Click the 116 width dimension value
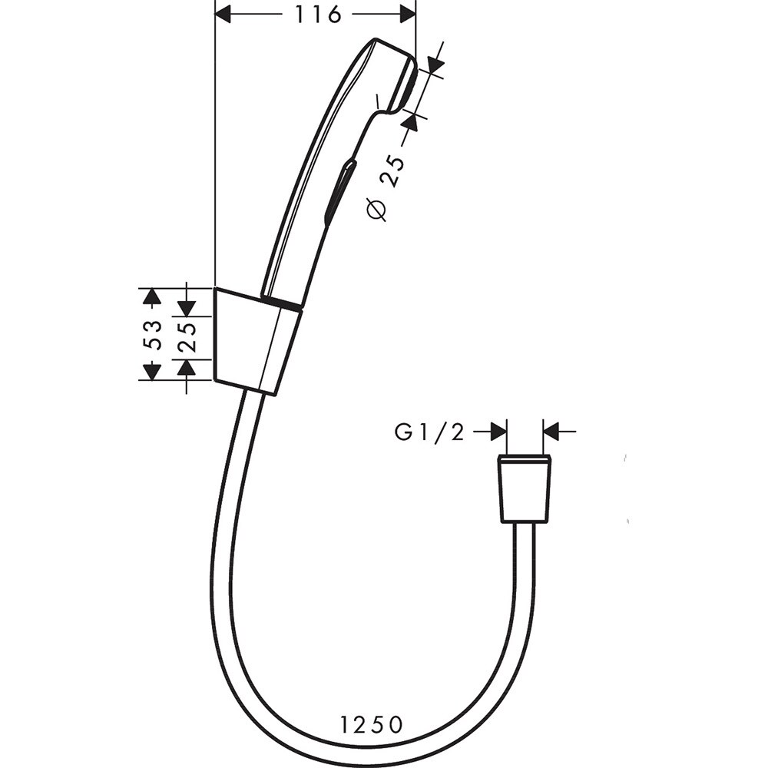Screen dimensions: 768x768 (317, 15)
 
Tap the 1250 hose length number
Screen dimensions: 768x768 (371, 723)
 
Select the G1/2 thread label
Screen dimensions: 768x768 (430, 433)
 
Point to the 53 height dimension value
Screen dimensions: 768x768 (154, 334)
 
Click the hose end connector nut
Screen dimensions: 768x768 (525, 489)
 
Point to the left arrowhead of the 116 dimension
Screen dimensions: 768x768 (223, 15)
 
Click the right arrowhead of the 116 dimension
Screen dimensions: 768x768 (407, 15)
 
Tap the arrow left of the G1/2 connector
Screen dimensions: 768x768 (498, 432)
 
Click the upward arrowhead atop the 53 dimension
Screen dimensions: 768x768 (152, 296)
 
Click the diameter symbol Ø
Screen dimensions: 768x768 (377, 209)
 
